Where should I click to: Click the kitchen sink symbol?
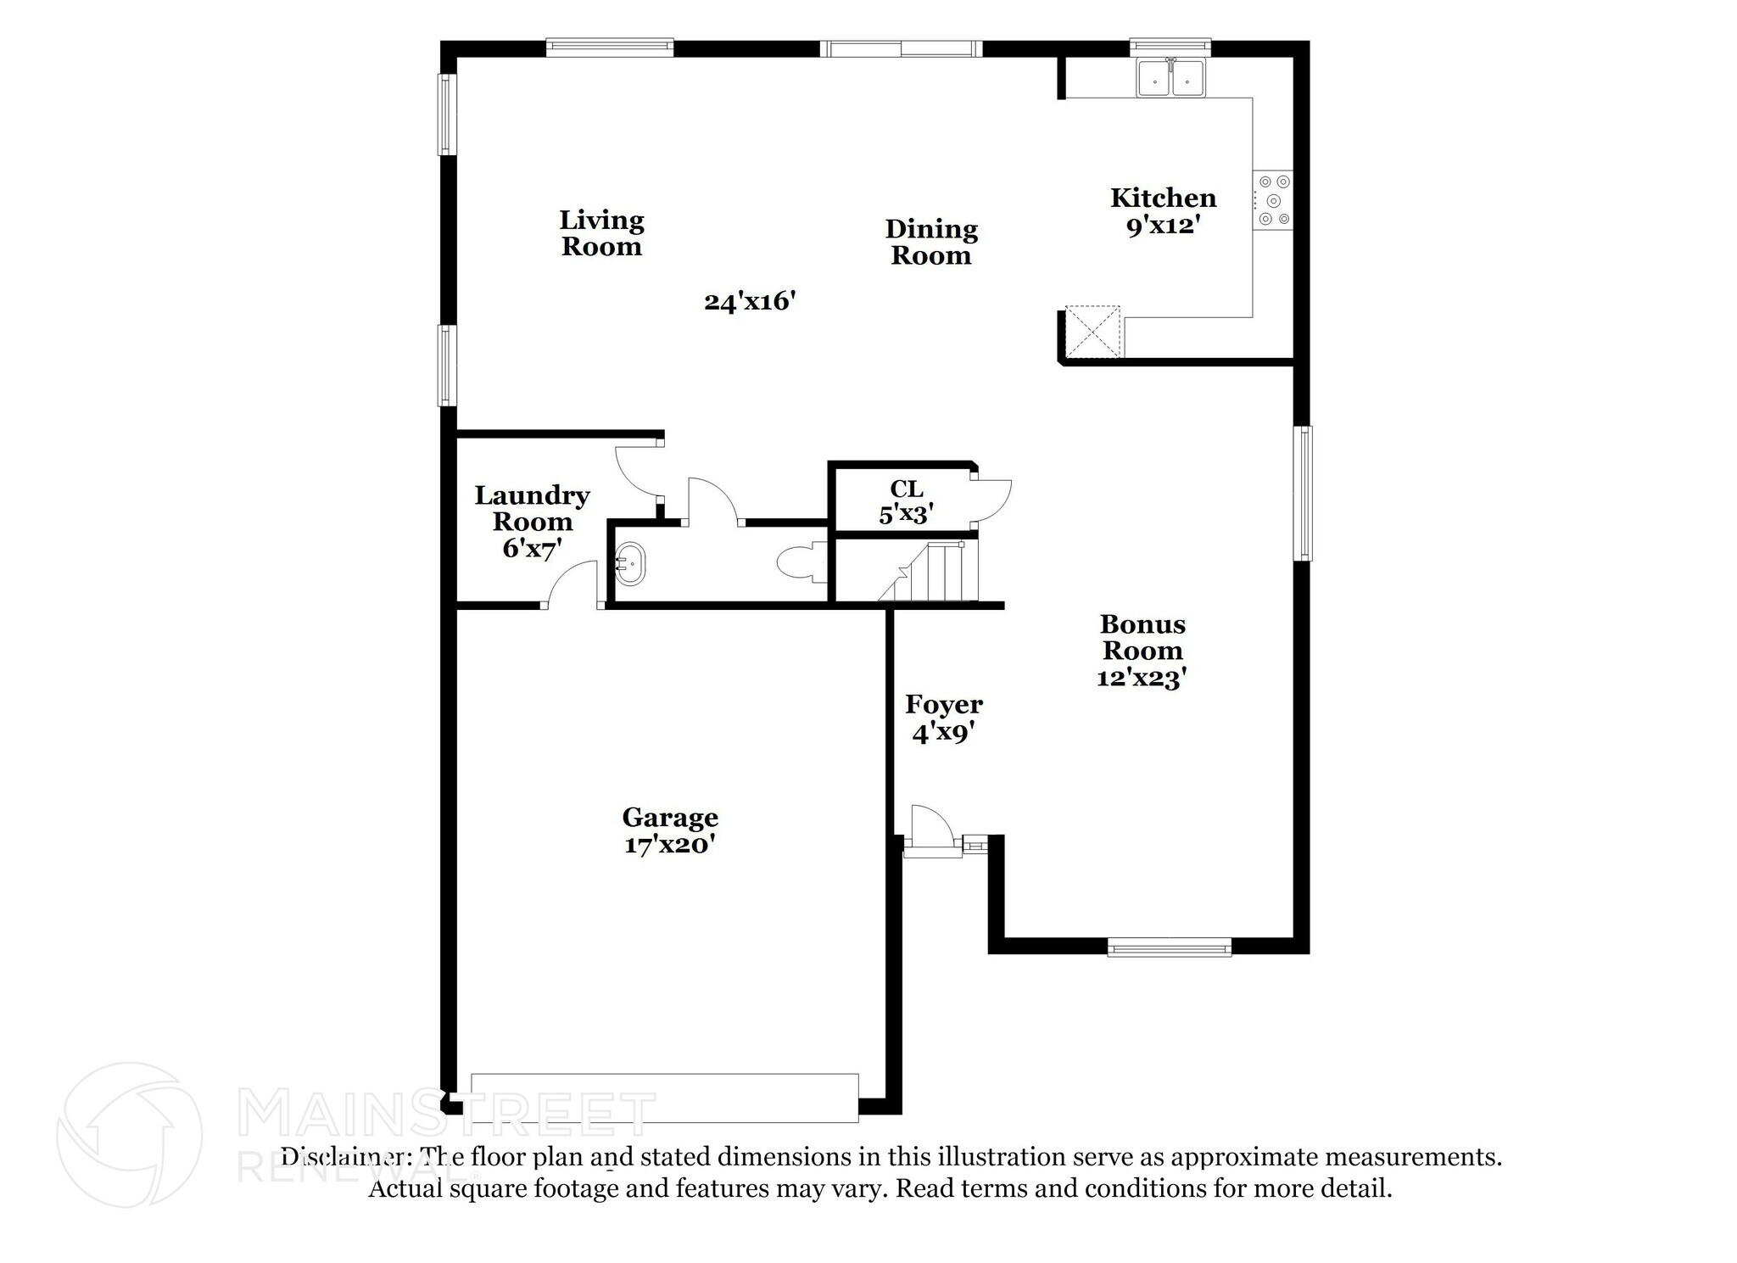[x=1170, y=79]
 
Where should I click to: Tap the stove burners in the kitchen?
[x=1273, y=200]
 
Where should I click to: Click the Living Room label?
[x=601, y=233]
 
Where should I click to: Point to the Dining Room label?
[x=931, y=242]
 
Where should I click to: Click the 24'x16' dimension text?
[x=750, y=301]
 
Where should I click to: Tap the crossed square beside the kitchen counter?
[x=1093, y=331]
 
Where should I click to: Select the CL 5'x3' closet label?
[x=906, y=501]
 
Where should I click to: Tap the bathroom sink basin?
[x=629, y=563]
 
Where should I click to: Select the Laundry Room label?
[x=532, y=521]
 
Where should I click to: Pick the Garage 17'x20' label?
[x=670, y=830]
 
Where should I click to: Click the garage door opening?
[x=664, y=1098]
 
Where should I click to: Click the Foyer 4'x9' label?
[x=943, y=718]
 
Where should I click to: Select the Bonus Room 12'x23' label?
[x=1142, y=651]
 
